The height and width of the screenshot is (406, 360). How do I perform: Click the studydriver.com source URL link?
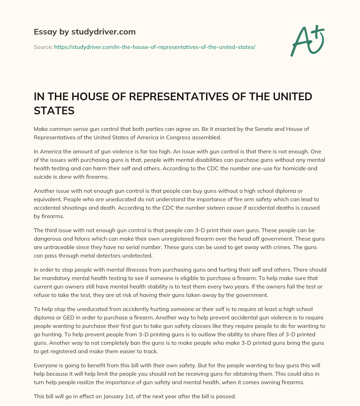coord(154,47)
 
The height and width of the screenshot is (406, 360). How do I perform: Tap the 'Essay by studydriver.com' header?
coord(85,32)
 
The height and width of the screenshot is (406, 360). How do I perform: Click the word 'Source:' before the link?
coord(43,47)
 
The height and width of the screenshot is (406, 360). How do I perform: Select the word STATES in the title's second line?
coord(54,110)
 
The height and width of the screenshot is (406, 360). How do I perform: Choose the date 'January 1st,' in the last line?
coord(119,396)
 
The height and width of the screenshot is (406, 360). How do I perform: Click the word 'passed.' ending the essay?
coord(226,396)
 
